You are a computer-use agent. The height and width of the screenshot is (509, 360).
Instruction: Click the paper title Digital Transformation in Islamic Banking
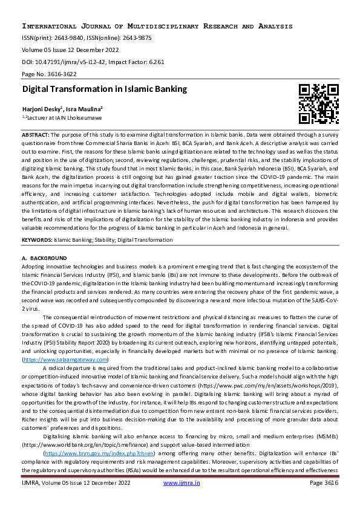click(105, 89)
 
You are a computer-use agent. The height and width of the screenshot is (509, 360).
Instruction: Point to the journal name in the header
click(157, 27)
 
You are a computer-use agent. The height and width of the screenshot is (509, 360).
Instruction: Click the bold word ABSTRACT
click(35, 134)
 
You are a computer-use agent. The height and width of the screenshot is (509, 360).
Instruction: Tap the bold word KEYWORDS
click(36, 240)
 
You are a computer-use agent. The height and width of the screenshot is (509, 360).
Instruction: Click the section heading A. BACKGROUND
click(44, 258)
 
